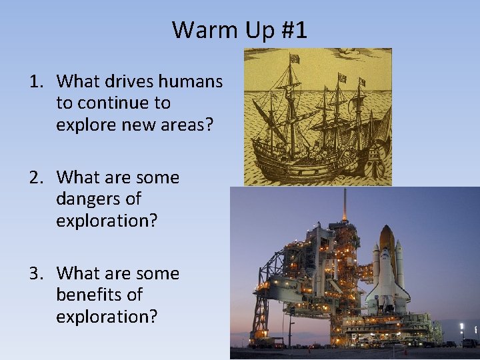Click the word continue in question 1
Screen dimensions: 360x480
point(125,103)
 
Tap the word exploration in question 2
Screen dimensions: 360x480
point(107,220)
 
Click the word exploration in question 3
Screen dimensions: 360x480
point(107,316)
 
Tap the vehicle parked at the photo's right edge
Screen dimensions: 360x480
point(469,343)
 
